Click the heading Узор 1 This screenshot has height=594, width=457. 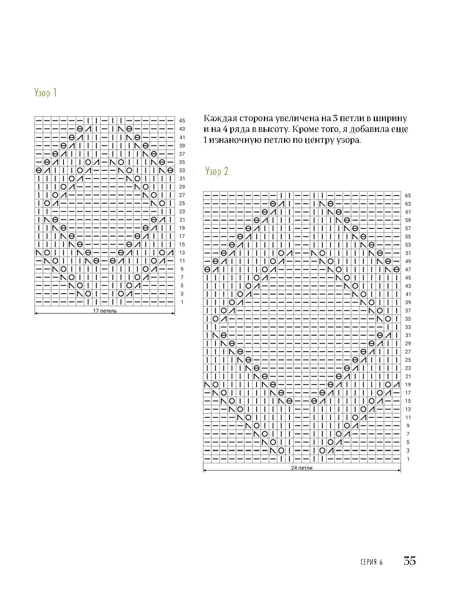tap(46, 92)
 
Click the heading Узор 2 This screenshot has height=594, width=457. tap(217, 171)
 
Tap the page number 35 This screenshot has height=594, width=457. tap(410, 560)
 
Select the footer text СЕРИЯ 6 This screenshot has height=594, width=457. tap(371, 562)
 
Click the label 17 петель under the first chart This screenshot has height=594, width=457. tap(105, 311)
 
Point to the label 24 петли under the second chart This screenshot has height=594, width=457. tap(302, 467)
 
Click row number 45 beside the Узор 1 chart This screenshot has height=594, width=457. tap(182, 121)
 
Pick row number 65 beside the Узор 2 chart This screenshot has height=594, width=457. tap(408, 196)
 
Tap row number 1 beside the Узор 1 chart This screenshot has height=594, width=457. tap(182, 302)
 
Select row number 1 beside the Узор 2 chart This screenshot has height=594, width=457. tap(408, 459)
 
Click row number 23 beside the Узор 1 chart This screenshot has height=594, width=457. tap(182, 212)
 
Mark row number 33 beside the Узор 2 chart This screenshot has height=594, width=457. tap(408, 327)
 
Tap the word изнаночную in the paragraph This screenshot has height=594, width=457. tap(232, 140)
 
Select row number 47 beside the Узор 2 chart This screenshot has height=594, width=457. tap(408, 270)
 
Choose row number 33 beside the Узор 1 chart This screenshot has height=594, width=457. tap(182, 170)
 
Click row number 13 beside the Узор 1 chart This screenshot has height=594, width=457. tap(182, 253)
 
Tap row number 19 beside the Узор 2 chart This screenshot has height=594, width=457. tap(408, 385)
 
